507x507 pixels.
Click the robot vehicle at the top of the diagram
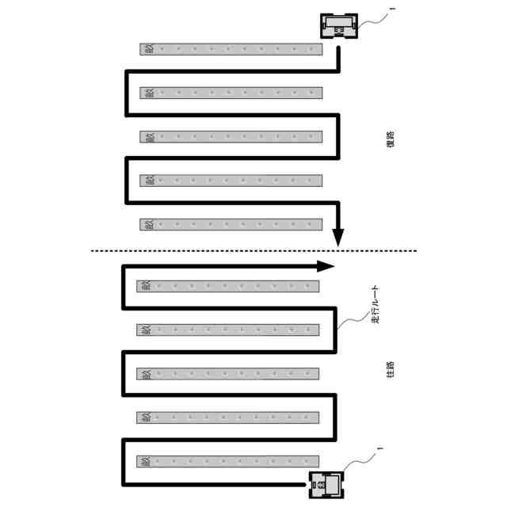coord(338,26)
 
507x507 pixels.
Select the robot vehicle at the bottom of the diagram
coord(328,482)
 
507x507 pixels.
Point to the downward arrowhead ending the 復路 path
coord(338,235)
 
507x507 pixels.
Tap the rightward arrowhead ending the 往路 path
coord(326,266)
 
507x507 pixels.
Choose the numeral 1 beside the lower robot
coord(379,450)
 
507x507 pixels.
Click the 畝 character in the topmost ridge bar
coord(148,49)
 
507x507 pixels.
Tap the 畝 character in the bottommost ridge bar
coord(145,461)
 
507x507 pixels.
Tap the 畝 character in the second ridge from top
coord(148,93)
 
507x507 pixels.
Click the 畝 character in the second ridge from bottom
coord(145,417)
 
